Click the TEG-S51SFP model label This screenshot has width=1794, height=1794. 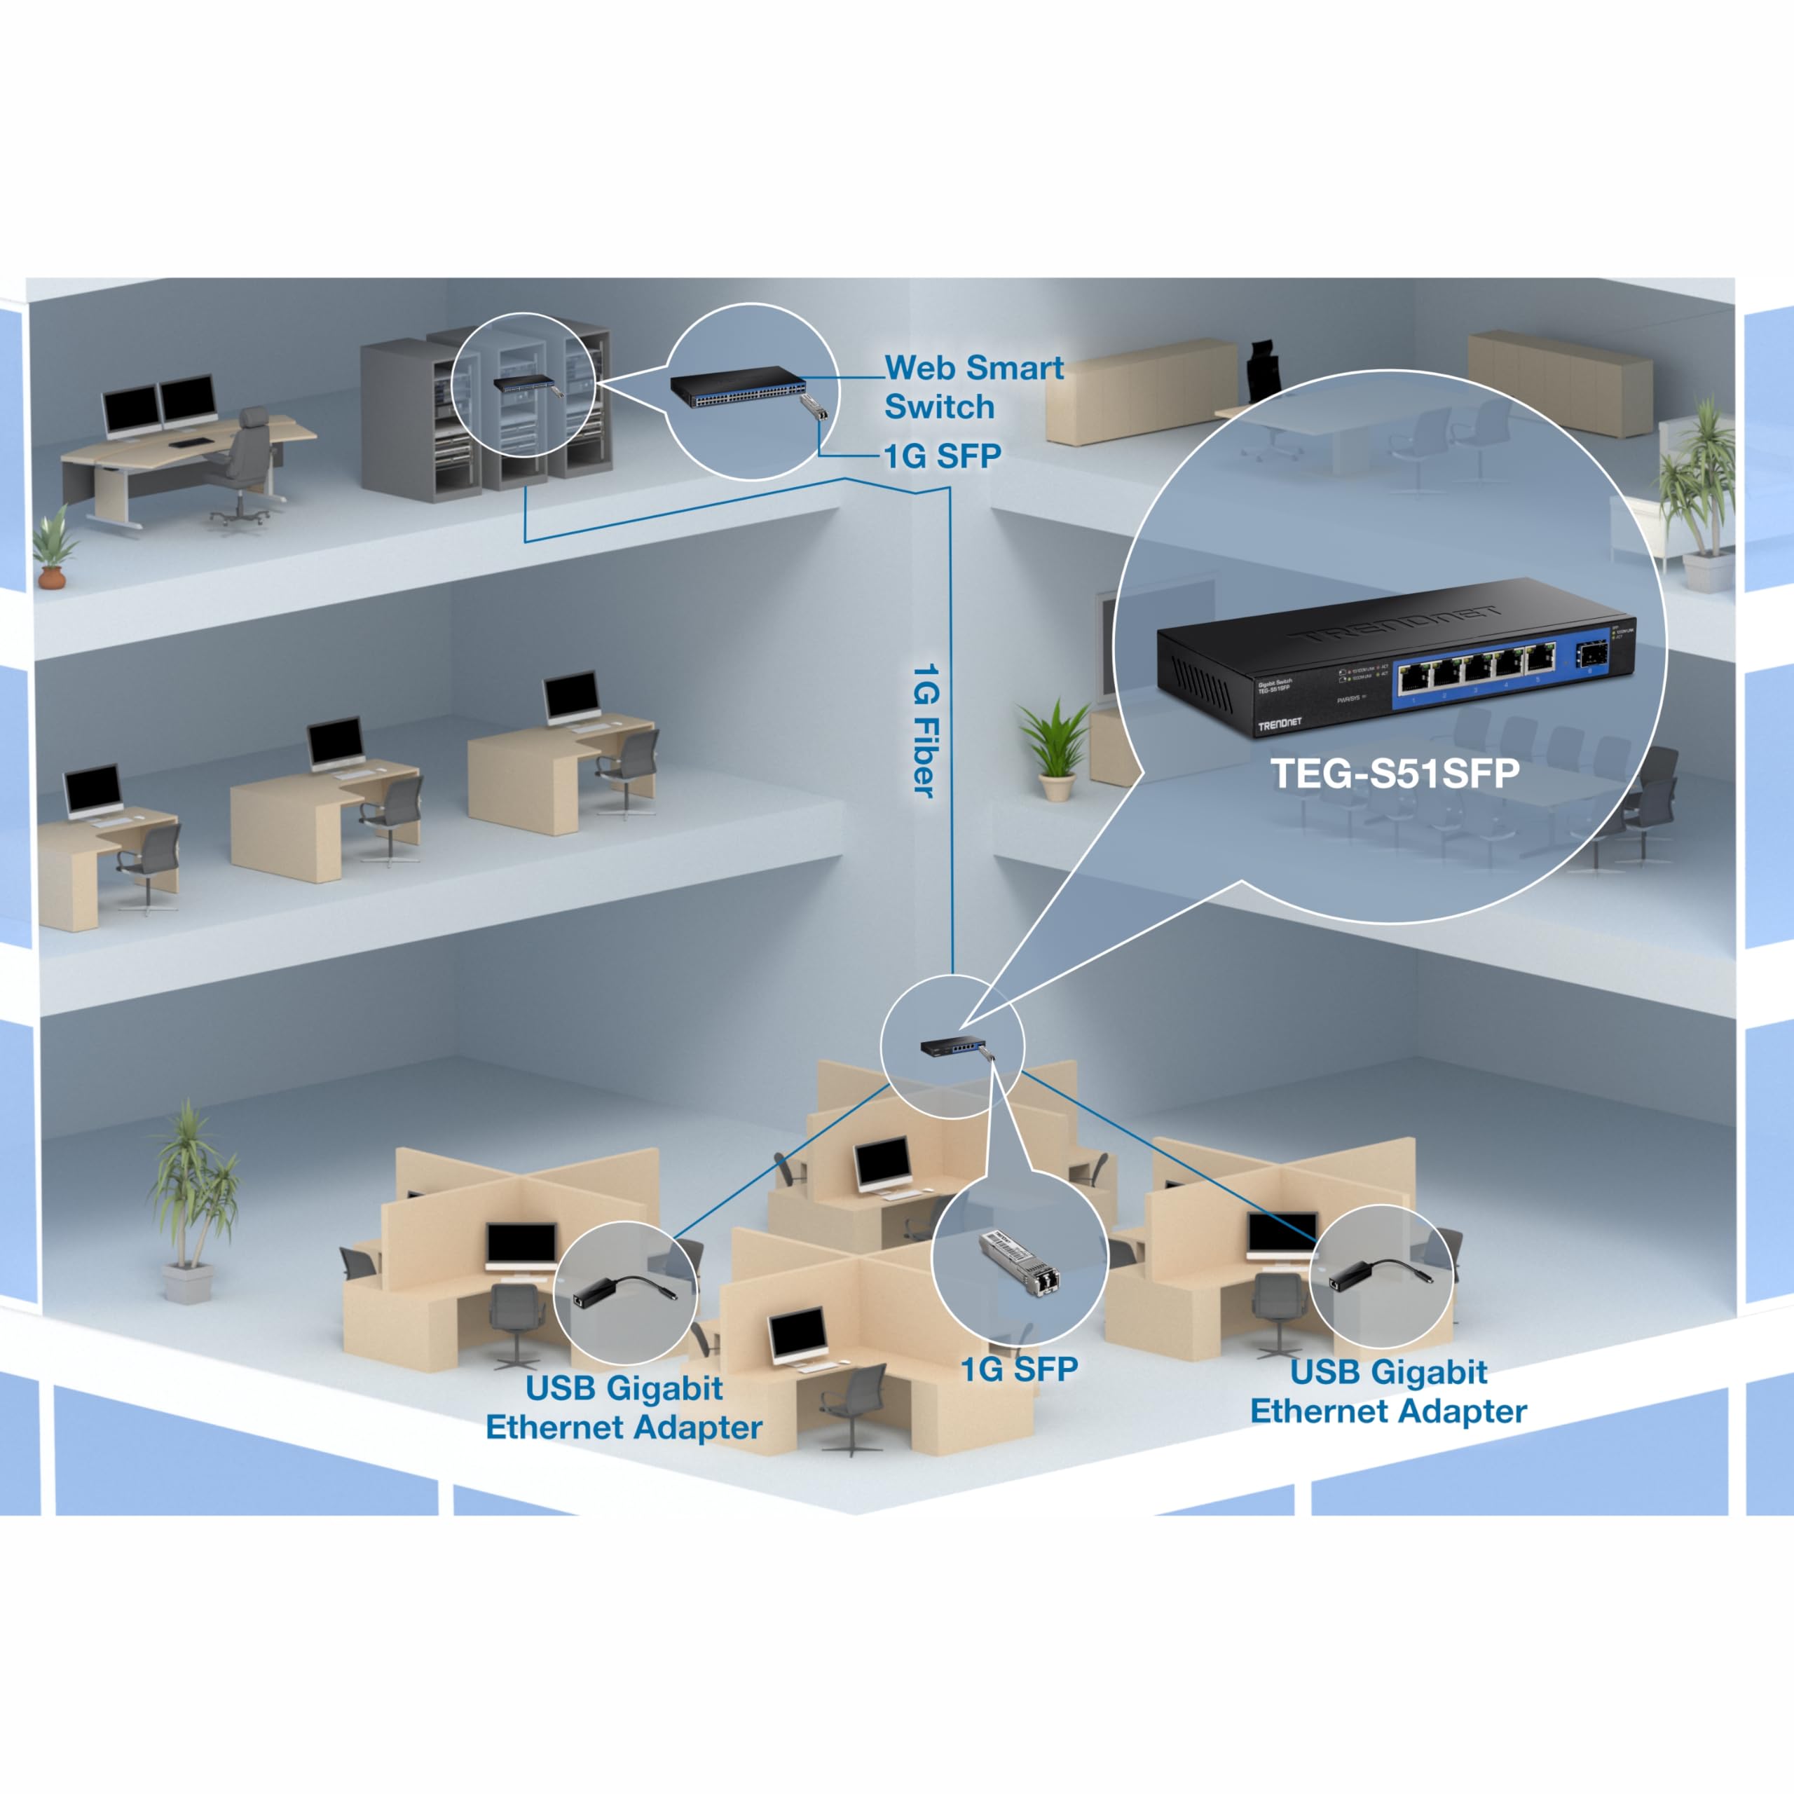tap(1395, 774)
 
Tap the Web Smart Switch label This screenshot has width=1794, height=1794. tap(973, 386)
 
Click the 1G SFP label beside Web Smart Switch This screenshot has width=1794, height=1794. tap(943, 456)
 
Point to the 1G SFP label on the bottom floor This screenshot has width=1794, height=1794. tap(1019, 1369)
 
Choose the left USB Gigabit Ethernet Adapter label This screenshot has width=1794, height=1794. tap(624, 1408)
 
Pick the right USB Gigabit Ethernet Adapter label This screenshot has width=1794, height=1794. tap(1388, 1391)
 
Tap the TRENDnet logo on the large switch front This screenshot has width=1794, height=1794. tap(1280, 723)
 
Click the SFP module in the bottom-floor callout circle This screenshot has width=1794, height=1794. tap(1020, 1262)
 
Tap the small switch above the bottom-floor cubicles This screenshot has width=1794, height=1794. tap(952, 1048)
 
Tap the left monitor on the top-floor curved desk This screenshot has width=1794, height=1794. tap(130, 409)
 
